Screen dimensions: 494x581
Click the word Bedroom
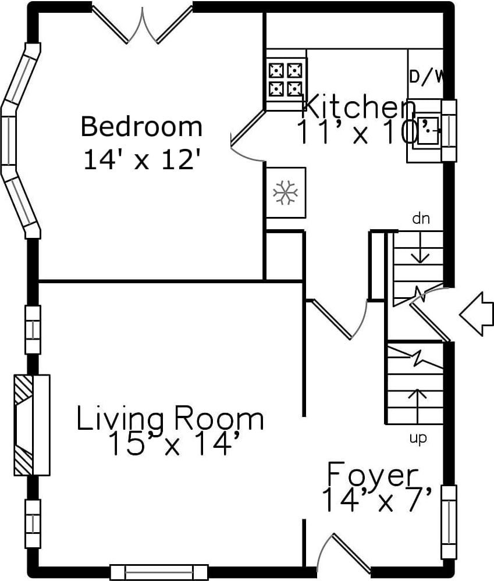tap(141, 127)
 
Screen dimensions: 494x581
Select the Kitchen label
tap(359, 106)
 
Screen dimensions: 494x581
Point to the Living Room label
tap(170, 419)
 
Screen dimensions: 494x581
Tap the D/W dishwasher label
tap(426, 77)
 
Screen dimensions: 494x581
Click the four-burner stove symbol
tap(285, 80)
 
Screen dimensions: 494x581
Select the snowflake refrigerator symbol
tap(285, 193)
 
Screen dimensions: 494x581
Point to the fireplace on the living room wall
tap(32, 425)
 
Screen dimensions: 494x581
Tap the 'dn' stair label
tap(421, 219)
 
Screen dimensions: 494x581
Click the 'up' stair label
tap(418, 439)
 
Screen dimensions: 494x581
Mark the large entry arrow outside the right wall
tap(477, 314)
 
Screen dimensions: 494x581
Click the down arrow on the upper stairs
tap(421, 247)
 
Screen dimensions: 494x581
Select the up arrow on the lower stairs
tap(417, 407)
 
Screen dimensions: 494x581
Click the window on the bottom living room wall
tap(159, 572)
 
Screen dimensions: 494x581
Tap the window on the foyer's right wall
tap(449, 522)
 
